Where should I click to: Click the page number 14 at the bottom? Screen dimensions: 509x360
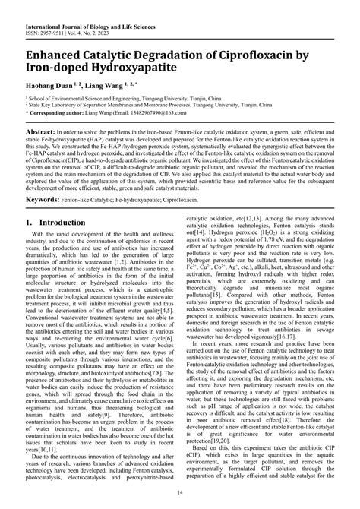(x=179, y=494)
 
